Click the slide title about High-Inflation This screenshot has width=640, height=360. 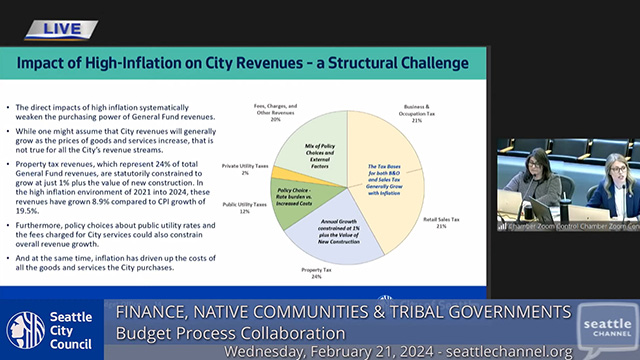242,63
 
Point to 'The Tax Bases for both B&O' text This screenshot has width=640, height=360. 384,164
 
